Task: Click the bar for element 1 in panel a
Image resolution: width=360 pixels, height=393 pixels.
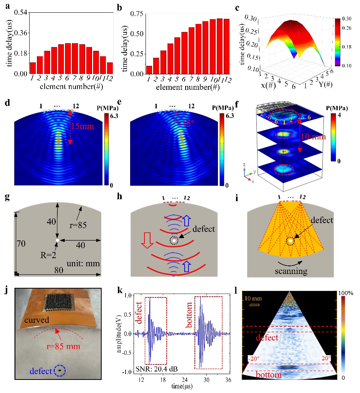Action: pyautogui.click(x=33, y=68)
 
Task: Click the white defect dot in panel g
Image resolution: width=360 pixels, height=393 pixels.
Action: pyautogui.click(x=57, y=240)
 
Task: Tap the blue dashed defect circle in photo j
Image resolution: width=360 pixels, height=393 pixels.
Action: pyautogui.click(x=60, y=370)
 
